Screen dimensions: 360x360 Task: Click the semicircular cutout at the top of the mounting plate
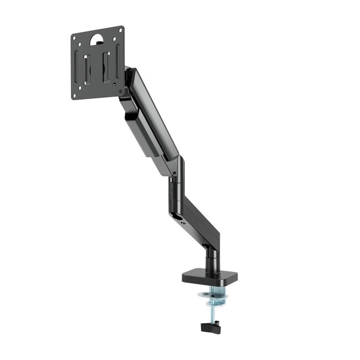click(x=98, y=39)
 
